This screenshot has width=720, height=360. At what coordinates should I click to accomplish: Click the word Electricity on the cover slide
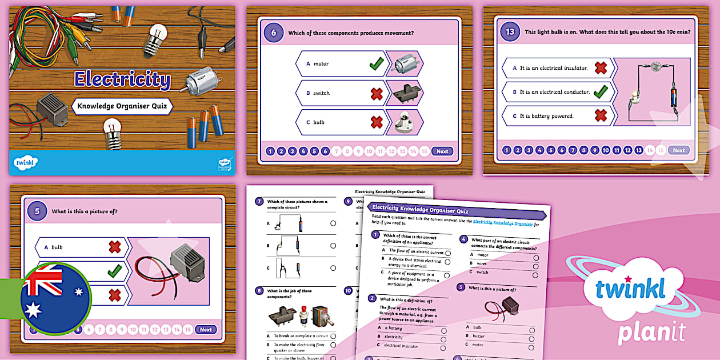point(122,80)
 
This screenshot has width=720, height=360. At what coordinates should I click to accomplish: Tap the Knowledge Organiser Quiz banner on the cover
point(122,106)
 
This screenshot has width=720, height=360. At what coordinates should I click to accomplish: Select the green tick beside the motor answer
point(376,64)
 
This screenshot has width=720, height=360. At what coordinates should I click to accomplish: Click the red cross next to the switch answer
point(376,93)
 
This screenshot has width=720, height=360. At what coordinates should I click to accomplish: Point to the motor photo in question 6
point(404,63)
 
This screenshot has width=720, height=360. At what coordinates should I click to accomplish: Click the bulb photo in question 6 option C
point(404,122)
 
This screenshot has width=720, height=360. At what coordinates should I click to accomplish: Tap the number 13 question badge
point(510,32)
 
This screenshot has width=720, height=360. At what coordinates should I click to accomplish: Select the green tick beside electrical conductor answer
point(600,91)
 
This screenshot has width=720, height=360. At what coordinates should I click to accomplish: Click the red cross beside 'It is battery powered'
point(600,115)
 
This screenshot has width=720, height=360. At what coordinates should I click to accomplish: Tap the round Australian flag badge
point(55,298)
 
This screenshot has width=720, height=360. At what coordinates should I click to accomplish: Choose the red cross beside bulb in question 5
point(115,247)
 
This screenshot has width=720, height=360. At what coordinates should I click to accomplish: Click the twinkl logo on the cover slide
point(26,163)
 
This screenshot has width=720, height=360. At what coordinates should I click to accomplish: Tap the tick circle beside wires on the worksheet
point(536,265)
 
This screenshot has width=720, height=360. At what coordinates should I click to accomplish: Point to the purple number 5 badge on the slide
point(37,211)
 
